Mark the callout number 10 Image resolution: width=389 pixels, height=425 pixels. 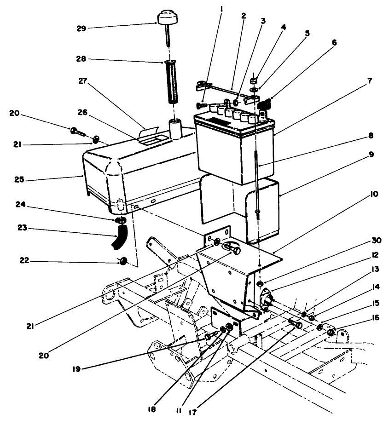tap(374, 194)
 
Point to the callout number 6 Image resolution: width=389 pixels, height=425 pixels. tap(334, 42)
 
